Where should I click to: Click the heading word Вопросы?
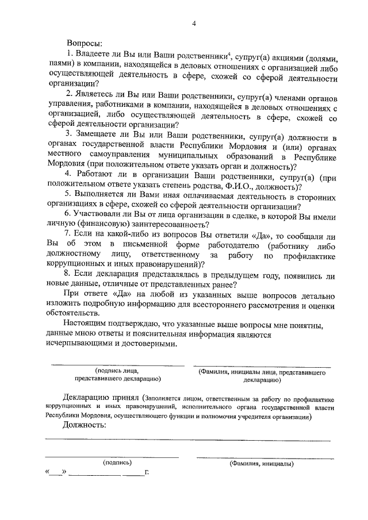[x=85, y=43]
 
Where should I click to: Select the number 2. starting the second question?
[x=70, y=94]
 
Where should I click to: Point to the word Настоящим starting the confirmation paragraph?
[x=86, y=325]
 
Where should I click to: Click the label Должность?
[x=86, y=425]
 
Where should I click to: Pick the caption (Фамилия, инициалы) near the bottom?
[x=261, y=463]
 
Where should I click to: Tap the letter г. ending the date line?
[x=147, y=473]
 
